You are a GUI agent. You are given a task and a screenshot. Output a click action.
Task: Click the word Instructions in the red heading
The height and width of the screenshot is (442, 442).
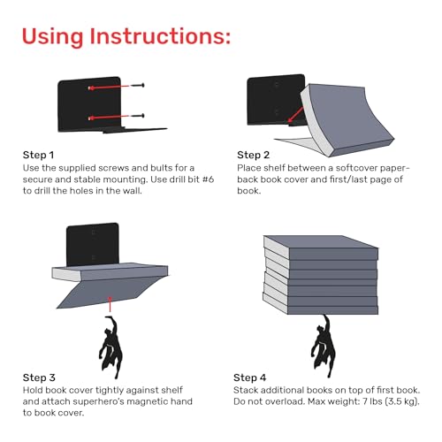(x=160, y=36)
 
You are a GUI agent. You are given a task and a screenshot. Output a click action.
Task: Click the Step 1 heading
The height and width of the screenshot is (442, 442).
(x=38, y=155)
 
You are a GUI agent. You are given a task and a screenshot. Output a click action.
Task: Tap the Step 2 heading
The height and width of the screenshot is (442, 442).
(x=253, y=155)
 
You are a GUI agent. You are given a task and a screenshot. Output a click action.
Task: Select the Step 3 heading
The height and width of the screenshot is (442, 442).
(x=39, y=377)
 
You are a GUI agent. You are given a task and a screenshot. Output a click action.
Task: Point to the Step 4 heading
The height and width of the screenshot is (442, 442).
(x=249, y=377)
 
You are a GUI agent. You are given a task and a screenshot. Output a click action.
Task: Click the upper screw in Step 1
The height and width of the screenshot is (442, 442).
(x=137, y=86)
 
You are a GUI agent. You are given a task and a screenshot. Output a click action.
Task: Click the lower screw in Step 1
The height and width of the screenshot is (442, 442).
(x=137, y=116)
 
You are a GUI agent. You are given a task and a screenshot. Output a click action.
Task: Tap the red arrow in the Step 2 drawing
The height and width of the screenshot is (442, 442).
(x=295, y=115)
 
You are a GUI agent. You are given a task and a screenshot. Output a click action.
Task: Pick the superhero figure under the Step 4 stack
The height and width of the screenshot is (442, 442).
(x=323, y=347)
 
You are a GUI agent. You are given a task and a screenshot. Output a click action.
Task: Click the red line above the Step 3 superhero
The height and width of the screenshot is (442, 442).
(x=110, y=304)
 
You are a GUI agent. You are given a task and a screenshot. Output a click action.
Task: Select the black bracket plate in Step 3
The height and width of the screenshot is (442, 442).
(x=93, y=245)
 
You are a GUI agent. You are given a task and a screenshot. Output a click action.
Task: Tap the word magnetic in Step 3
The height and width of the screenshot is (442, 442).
(x=151, y=402)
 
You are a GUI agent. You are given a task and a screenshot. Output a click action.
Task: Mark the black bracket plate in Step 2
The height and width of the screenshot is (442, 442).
(x=276, y=100)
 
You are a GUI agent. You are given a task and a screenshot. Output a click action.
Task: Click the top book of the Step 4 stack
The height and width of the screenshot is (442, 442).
(x=321, y=247)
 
